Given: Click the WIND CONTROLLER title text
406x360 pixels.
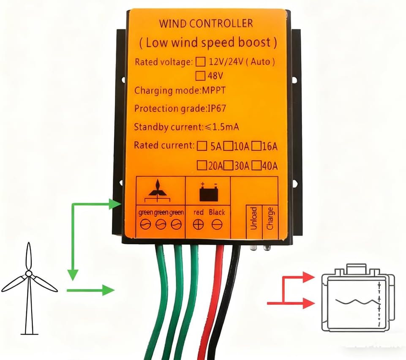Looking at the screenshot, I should pyautogui.click(x=206, y=23).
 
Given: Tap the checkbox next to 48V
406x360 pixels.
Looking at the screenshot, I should pyautogui.click(x=201, y=76).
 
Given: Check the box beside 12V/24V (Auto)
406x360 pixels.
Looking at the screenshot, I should pyautogui.click(x=201, y=62).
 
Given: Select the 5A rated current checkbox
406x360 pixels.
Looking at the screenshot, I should pyautogui.click(x=202, y=146).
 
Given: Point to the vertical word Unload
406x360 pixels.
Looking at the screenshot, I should pyautogui.click(x=253, y=218).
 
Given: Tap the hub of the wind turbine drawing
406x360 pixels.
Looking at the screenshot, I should pyautogui.click(x=28, y=274).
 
